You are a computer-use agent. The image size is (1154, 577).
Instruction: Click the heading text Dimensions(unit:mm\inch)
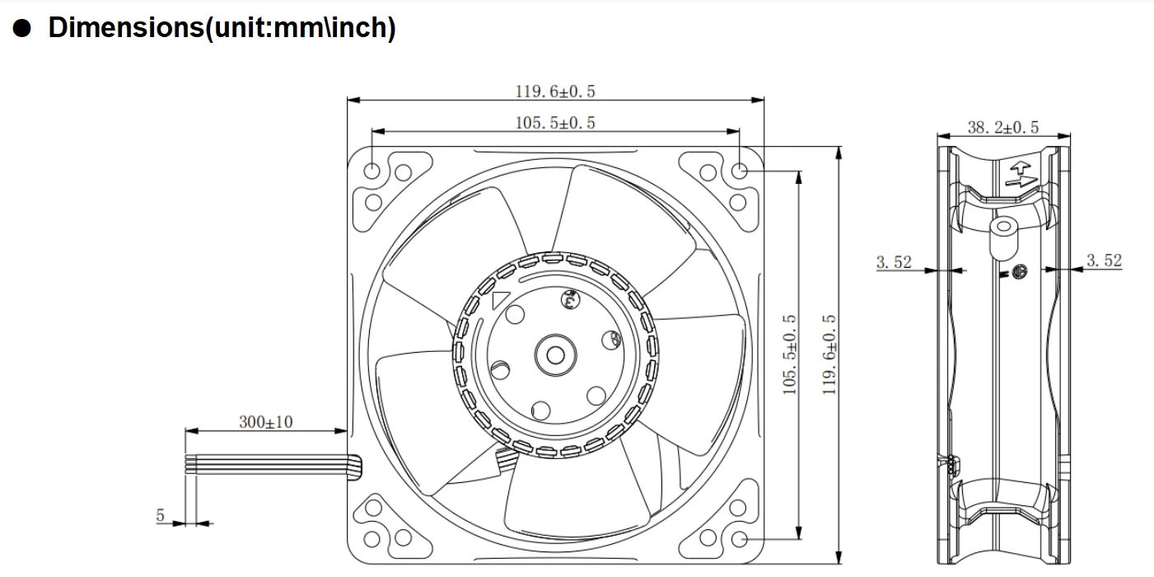tap(222, 27)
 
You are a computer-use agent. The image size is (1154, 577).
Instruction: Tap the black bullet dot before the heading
tap(22, 28)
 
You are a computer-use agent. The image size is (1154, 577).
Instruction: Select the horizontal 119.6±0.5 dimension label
tap(555, 91)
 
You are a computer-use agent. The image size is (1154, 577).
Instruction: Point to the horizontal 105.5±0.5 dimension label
tap(555, 123)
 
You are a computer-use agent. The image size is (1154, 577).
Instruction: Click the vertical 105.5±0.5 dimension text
tap(790, 354)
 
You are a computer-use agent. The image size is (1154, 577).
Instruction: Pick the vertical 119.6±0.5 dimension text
tap(829, 354)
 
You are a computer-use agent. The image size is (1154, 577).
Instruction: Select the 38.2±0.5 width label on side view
tap(1002, 127)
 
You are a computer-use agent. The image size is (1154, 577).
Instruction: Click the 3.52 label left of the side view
tap(894, 262)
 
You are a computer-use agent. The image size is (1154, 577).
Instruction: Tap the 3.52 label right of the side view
tap(1104, 260)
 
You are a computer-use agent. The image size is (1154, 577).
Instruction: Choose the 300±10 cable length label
tap(265, 422)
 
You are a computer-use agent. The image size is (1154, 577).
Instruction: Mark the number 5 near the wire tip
tap(161, 515)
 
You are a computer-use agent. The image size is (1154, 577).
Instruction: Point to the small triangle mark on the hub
tap(499, 300)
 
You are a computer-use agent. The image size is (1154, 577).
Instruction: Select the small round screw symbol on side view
tap(1019, 271)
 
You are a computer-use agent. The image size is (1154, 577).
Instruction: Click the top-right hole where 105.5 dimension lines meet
tap(739, 171)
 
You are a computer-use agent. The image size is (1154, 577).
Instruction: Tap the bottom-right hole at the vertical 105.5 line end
tap(739, 539)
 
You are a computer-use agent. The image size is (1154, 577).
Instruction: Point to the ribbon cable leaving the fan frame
tap(272, 465)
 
